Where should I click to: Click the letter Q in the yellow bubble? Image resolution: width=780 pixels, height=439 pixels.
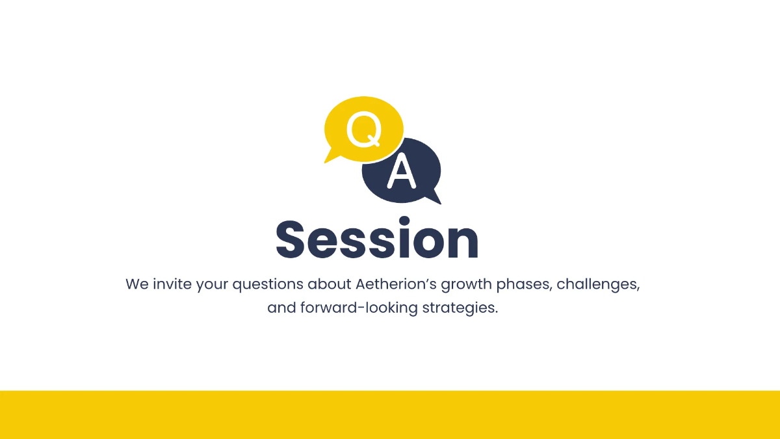pos(364,129)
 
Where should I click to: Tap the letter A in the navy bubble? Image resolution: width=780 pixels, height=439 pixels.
pos(402,170)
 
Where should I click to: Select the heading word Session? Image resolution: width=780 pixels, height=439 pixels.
pos(378,239)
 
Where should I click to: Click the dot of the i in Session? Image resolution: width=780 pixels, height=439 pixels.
pos(404,222)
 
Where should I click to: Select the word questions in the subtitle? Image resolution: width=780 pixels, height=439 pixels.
pos(268,285)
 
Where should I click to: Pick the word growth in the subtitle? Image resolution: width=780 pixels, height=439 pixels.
pos(467,285)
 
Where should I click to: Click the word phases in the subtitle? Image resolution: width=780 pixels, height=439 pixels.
pos(525,285)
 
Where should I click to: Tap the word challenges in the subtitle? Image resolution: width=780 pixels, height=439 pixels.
pos(598,285)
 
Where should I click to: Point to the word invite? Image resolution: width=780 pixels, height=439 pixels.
pos(172,284)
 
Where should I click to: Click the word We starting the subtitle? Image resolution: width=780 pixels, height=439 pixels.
pos(137,284)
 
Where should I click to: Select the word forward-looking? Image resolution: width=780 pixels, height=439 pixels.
pos(359,308)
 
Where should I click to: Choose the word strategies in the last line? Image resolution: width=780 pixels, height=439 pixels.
pos(460,308)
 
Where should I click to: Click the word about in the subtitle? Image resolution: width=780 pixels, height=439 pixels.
pos(330,284)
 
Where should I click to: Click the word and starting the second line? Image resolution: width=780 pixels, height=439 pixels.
pos(281,308)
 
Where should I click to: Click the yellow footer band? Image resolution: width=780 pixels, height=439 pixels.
pos(390,415)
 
